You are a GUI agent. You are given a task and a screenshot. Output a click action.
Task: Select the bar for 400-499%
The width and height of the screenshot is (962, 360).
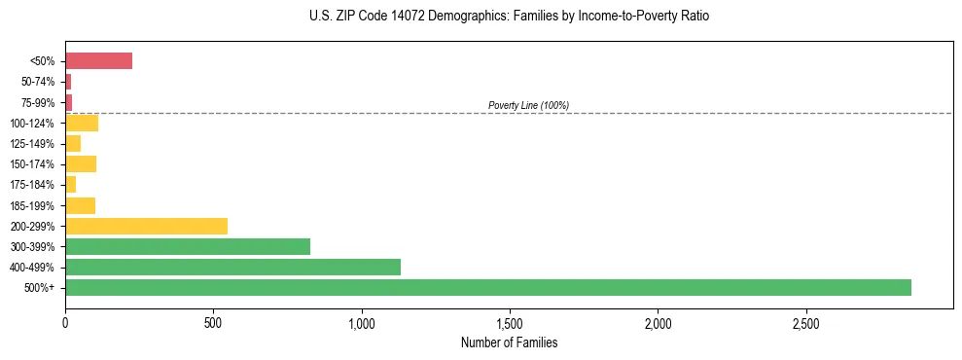pyautogui.click(x=233, y=267)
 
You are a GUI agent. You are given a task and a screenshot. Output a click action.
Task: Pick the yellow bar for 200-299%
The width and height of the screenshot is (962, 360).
pyautogui.click(x=146, y=226)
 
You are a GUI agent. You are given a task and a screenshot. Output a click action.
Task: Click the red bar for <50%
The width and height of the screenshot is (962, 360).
pyautogui.click(x=98, y=61)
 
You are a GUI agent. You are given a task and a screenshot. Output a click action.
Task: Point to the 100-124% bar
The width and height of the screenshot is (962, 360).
pyautogui.click(x=82, y=123)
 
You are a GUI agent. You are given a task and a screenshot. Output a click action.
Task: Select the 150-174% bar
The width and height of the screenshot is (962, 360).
pyautogui.click(x=81, y=163)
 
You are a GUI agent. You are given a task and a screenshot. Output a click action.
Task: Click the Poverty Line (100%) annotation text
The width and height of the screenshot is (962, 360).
pyautogui.click(x=528, y=105)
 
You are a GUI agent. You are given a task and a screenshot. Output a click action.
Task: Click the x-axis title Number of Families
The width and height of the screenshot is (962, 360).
pyautogui.click(x=509, y=342)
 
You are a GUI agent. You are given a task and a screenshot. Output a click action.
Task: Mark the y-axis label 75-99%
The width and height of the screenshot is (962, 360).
pyautogui.click(x=40, y=102)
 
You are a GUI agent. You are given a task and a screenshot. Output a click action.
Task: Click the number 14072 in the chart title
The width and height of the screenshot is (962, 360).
pyautogui.click(x=406, y=17)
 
